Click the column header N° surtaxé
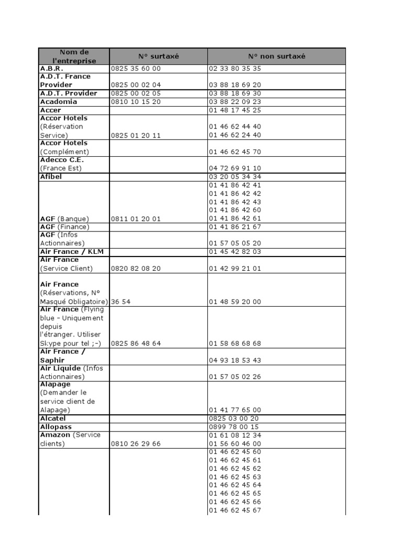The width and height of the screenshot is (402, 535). pyautogui.click(x=158, y=56)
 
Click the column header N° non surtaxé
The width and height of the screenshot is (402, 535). pyautogui.click(x=276, y=56)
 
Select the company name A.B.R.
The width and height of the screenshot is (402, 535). pyautogui.click(x=51, y=68)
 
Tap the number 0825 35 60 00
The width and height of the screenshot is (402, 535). pyautogui.click(x=136, y=68)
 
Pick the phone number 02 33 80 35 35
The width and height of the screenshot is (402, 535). pyautogui.click(x=234, y=68)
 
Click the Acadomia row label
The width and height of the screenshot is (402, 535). pyautogui.click(x=59, y=102)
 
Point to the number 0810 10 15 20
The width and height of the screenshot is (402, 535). pyautogui.click(x=136, y=102)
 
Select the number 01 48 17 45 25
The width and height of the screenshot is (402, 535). pyautogui.click(x=234, y=110)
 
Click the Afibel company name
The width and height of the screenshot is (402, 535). pyautogui.click(x=51, y=177)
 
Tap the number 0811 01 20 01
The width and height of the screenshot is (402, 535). pyautogui.click(x=136, y=219)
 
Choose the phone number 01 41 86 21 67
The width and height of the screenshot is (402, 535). pyautogui.click(x=234, y=227)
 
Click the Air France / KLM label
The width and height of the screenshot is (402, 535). pyautogui.click(x=72, y=252)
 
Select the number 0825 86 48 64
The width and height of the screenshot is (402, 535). pyautogui.click(x=136, y=344)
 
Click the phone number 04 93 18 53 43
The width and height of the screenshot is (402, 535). pyautogui.click(x=234, y=360)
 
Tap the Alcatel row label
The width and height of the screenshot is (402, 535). pyautogui.click(x=53, y=418)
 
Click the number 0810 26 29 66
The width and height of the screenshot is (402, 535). pyautogui.click(x=136, y=444)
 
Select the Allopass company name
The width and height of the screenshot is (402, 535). pyautogui.click(x=55, y=427)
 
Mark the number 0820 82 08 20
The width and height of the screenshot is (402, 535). pyautogui.click(x=136, y=269)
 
